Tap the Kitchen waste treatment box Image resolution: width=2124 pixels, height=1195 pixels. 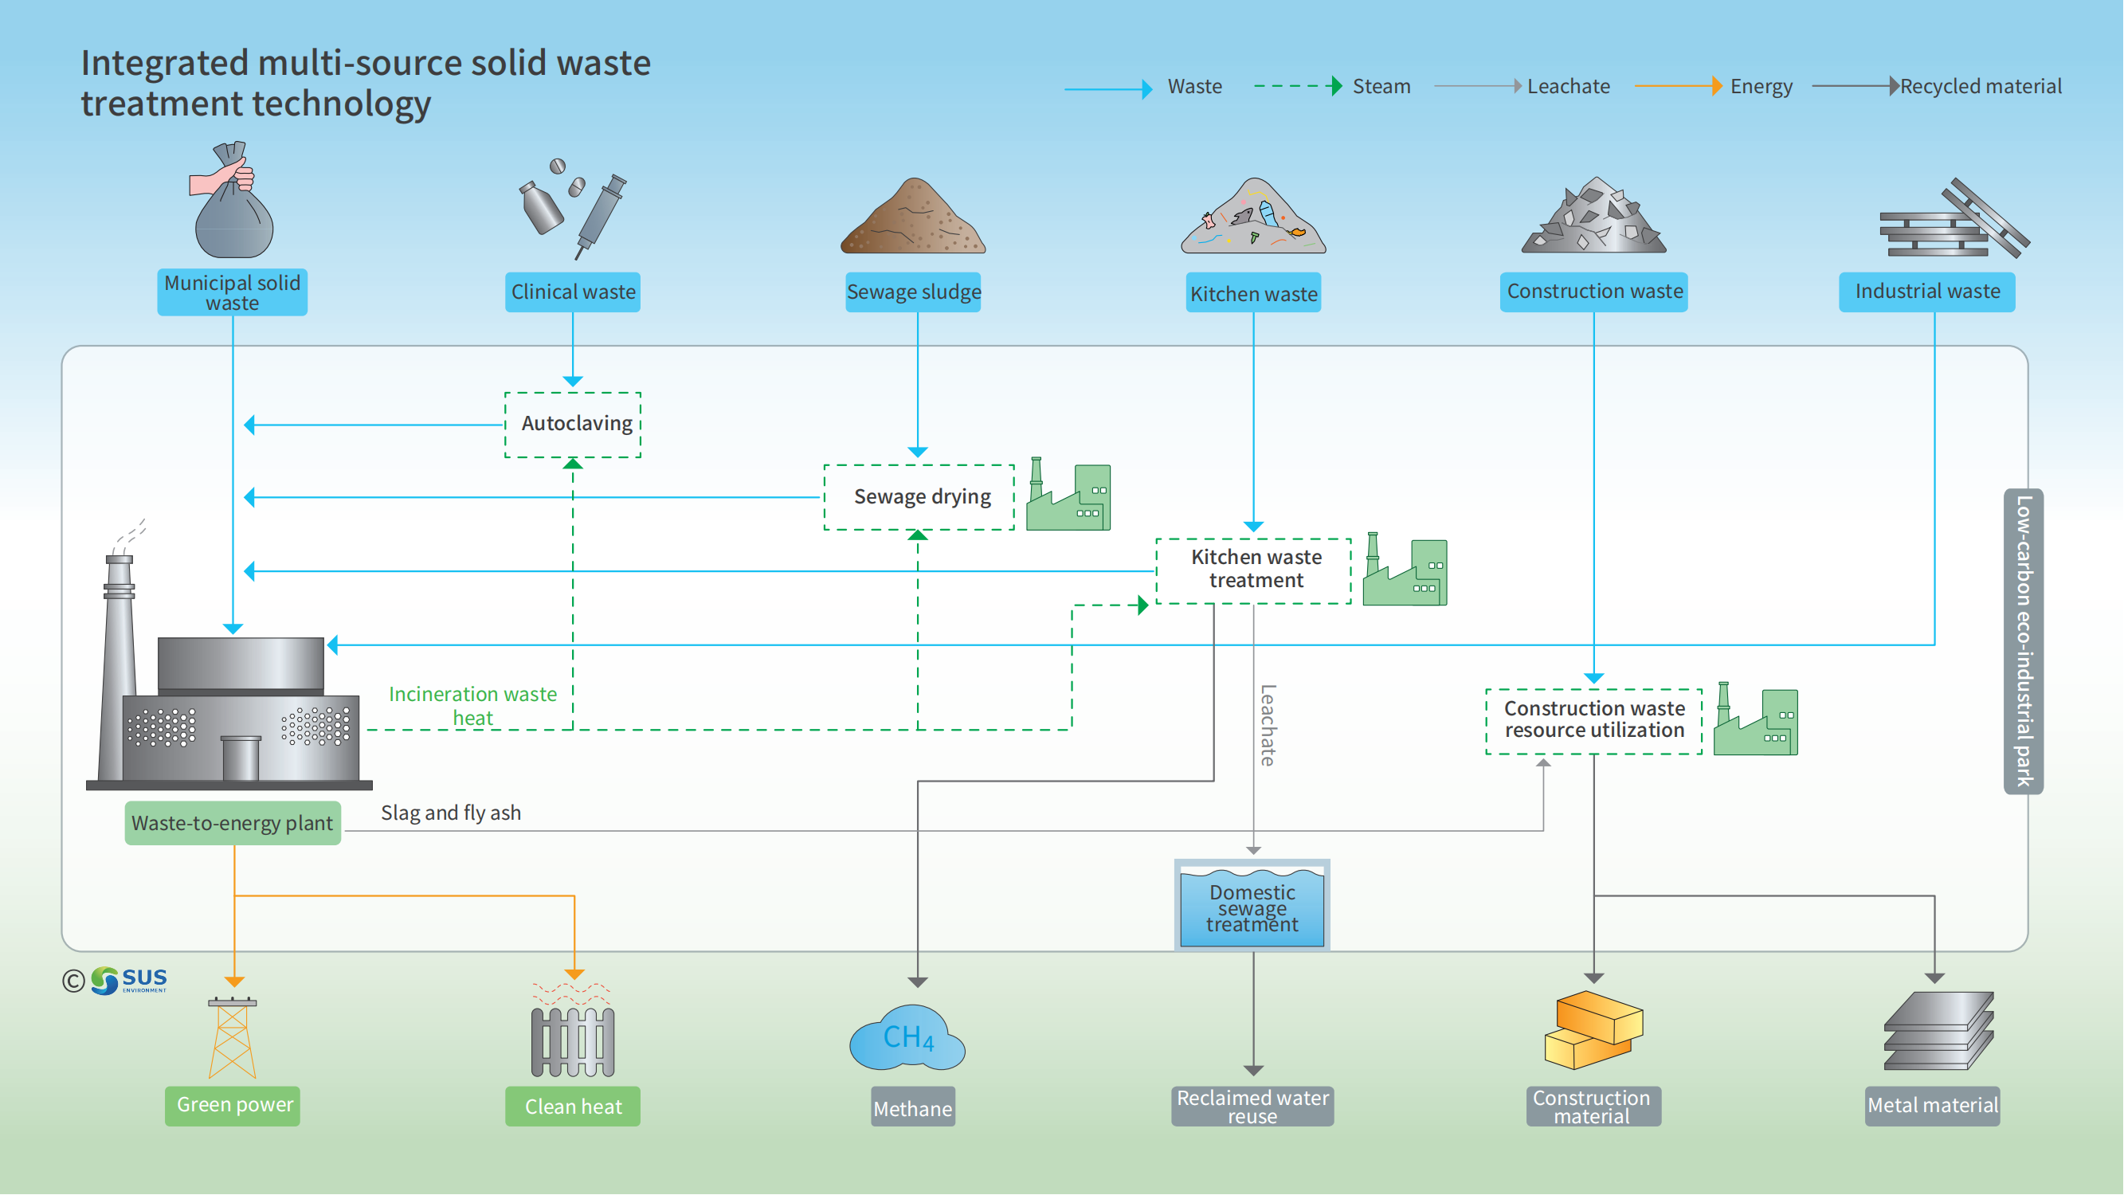1254,570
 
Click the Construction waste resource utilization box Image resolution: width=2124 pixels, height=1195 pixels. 1594,721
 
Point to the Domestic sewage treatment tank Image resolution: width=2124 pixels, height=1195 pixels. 1252,907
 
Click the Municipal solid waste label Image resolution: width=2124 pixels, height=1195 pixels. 233,292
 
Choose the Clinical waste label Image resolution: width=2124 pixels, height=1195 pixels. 573,292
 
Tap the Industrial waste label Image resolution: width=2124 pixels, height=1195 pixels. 1927,292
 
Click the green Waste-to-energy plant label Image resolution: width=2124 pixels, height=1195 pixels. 233,823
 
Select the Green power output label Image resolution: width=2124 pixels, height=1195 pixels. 233,1105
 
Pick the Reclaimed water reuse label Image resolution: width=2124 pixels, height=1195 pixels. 1252,1107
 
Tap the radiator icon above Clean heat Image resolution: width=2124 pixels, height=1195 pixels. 573,1040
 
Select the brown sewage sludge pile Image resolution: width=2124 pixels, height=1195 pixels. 913,218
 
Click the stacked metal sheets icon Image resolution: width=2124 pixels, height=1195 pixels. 1938,1032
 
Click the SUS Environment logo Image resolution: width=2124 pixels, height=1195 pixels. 128,981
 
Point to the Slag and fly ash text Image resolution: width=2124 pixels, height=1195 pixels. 451,813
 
